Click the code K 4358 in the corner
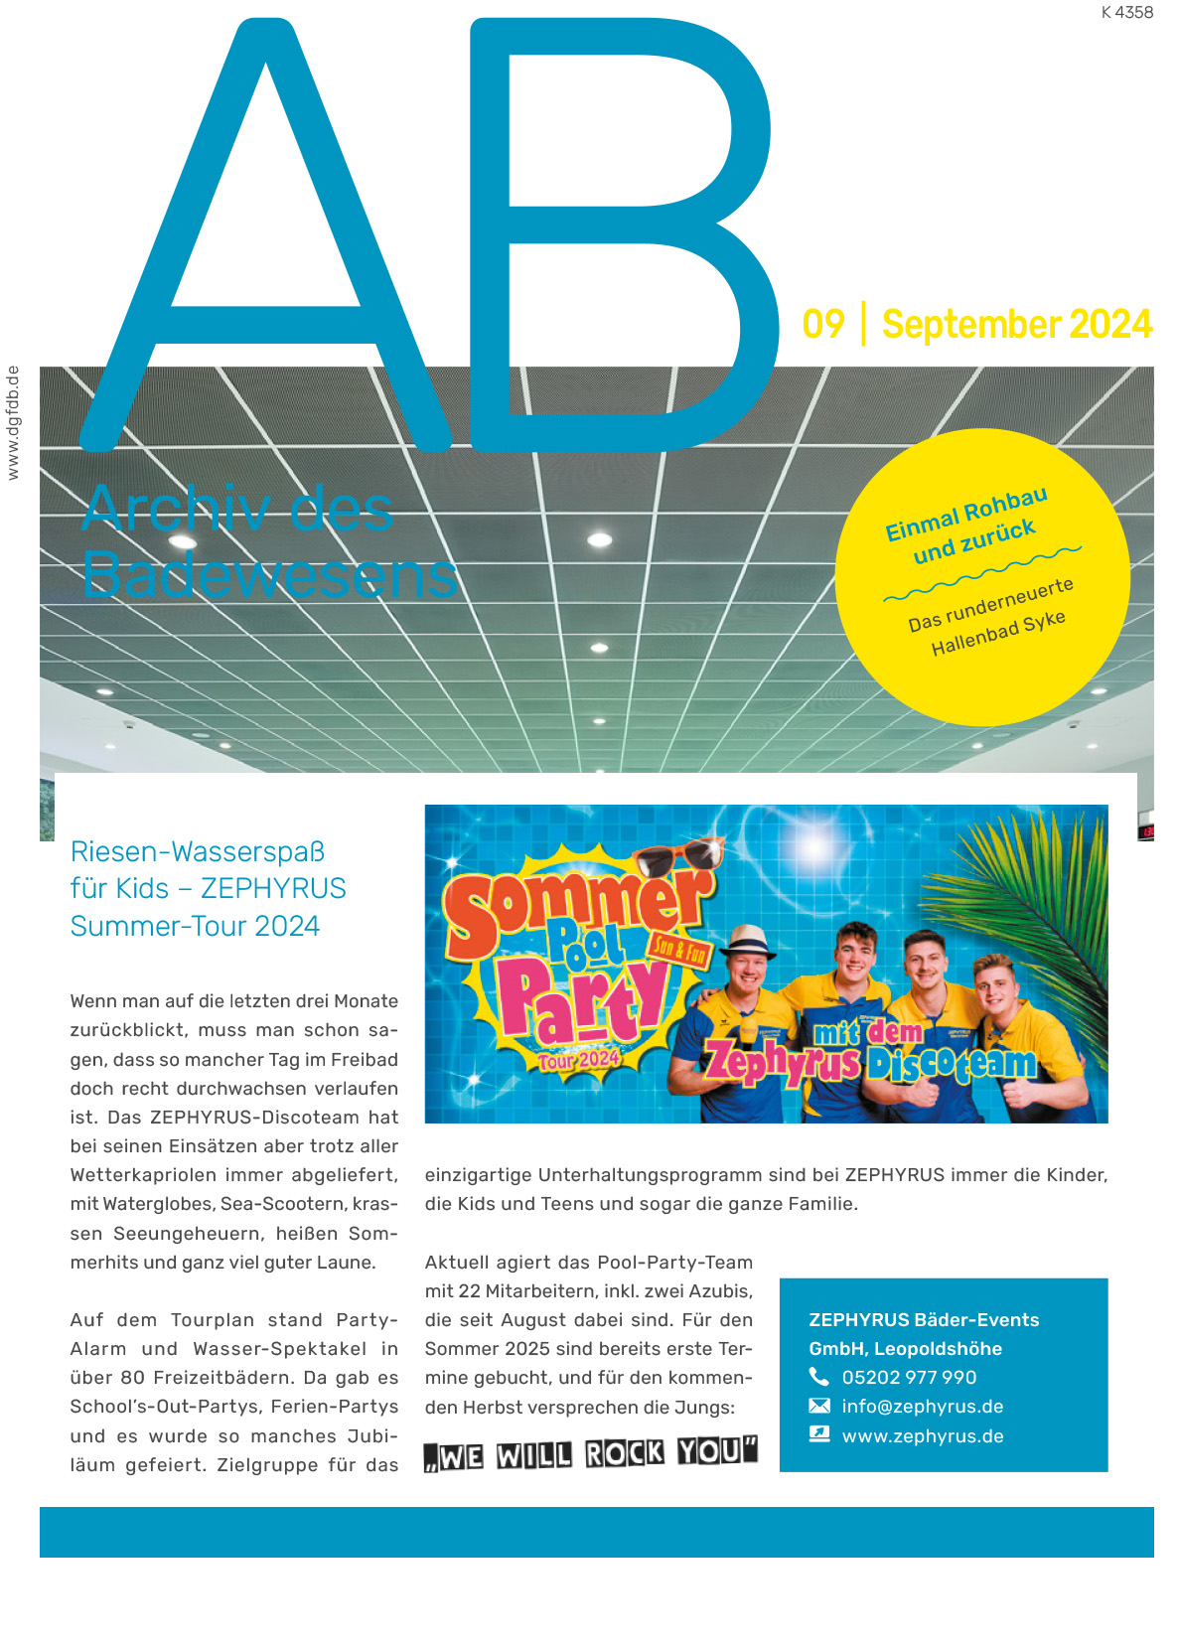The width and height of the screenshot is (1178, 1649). pyautogui.click(x=1126, y=13)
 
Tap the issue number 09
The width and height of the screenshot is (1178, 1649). pyautogui.click(x=822, y=325)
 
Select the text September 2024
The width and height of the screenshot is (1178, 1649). pyautogui.click(x=1016, y=325)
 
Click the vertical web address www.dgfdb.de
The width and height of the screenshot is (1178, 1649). pyautogui.click(x=13, y=423)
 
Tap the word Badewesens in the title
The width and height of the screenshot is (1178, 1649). pyautogui.click(x=269, y=575)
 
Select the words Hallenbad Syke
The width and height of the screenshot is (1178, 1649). pyautogui.click(x=997, y=633)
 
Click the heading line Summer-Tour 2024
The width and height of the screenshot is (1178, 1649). pyautogui.click(x=195, y=926)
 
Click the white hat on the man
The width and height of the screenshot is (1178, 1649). pyautogui.click(x=747, y=939)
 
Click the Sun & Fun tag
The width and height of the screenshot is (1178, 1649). pyautogui.click(x=680, y=952)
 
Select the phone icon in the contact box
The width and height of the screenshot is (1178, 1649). pyautogui.click(x=818, y=1377)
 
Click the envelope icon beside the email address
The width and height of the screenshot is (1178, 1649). pyautogui.click(x=818, y=1406)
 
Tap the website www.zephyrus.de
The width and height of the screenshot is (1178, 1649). pyautogui.click(x=922, y=1435)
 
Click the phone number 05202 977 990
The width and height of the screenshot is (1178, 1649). pyautogui.click(x=909, y=1377)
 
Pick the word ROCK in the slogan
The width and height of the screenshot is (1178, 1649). pyautogui.click(x=624, y=1453)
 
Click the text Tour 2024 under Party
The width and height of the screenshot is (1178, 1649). pyautogui.click(x=579, y=1059)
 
